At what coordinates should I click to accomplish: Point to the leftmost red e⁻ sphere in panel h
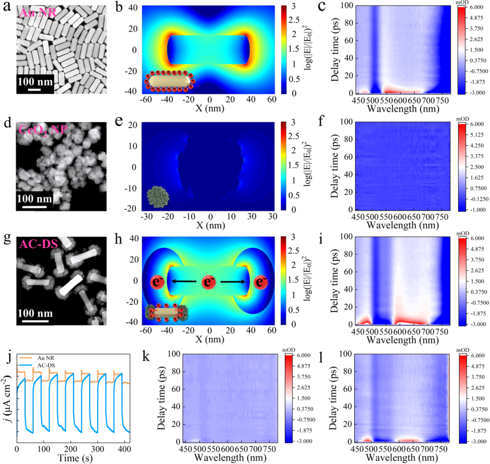pyautogui.click(x=158, y=282)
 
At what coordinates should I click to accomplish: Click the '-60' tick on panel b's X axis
pyautogui.click(x=145, y=101)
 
